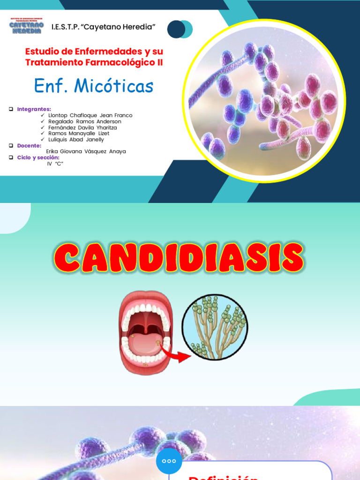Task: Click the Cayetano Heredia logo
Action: (26, 26)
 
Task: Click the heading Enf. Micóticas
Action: (94, 86)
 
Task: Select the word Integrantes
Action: (34, 109)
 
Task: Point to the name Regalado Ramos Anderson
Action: (84, 121)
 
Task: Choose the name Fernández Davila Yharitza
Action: (82, 127)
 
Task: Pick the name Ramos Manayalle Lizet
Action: (79, 134)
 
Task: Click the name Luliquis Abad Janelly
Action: (76, 140)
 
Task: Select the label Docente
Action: (29, 146)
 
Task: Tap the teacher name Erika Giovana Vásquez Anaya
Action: (86, 151)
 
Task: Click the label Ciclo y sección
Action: (38, 157)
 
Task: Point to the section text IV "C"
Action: (55, 164)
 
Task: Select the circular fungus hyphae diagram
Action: (215, 327)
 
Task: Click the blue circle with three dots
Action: (169, 461)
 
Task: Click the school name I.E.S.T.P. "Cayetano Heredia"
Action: (103, 27)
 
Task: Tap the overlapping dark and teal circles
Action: (180, 29)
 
